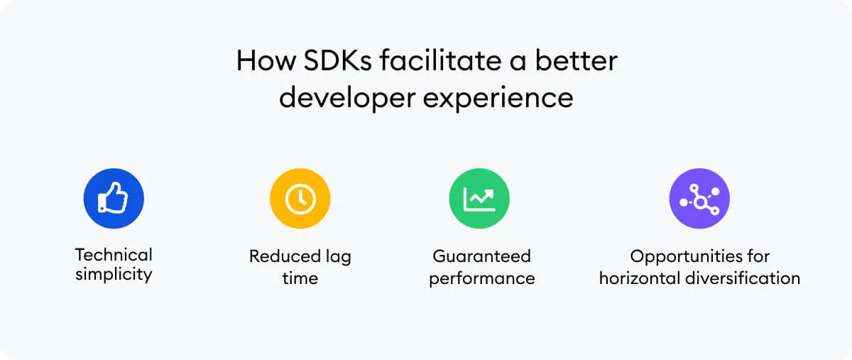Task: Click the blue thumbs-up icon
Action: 114,198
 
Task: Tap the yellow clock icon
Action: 300,198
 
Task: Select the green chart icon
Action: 479,198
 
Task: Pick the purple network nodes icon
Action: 699,198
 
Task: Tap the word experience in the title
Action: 498,97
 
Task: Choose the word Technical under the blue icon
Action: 114,255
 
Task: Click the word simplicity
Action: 114,275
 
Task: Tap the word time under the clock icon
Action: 300,278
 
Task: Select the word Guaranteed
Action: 481,256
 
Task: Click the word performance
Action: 481,278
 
